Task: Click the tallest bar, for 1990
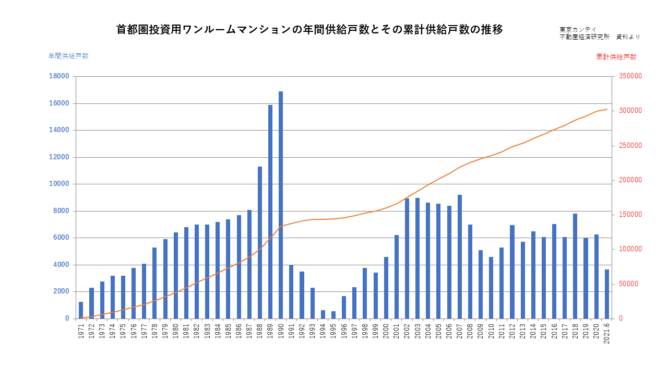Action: point(281,205)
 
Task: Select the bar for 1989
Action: point(270,211)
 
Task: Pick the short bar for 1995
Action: point(333,314)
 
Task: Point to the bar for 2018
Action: point(575,266)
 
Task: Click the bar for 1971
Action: point(81,310)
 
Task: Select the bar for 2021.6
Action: point(607,293)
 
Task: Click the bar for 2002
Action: point(407,258)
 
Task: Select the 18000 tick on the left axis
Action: point(59,76)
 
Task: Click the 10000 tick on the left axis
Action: point(59,184)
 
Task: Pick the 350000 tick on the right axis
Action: point(630,76)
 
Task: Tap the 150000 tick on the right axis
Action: point(630,215)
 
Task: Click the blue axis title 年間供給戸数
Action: point(68,56)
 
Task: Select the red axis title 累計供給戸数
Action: point(616,57)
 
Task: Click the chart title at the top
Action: point(309,30)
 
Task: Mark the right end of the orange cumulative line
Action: point(607,109)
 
